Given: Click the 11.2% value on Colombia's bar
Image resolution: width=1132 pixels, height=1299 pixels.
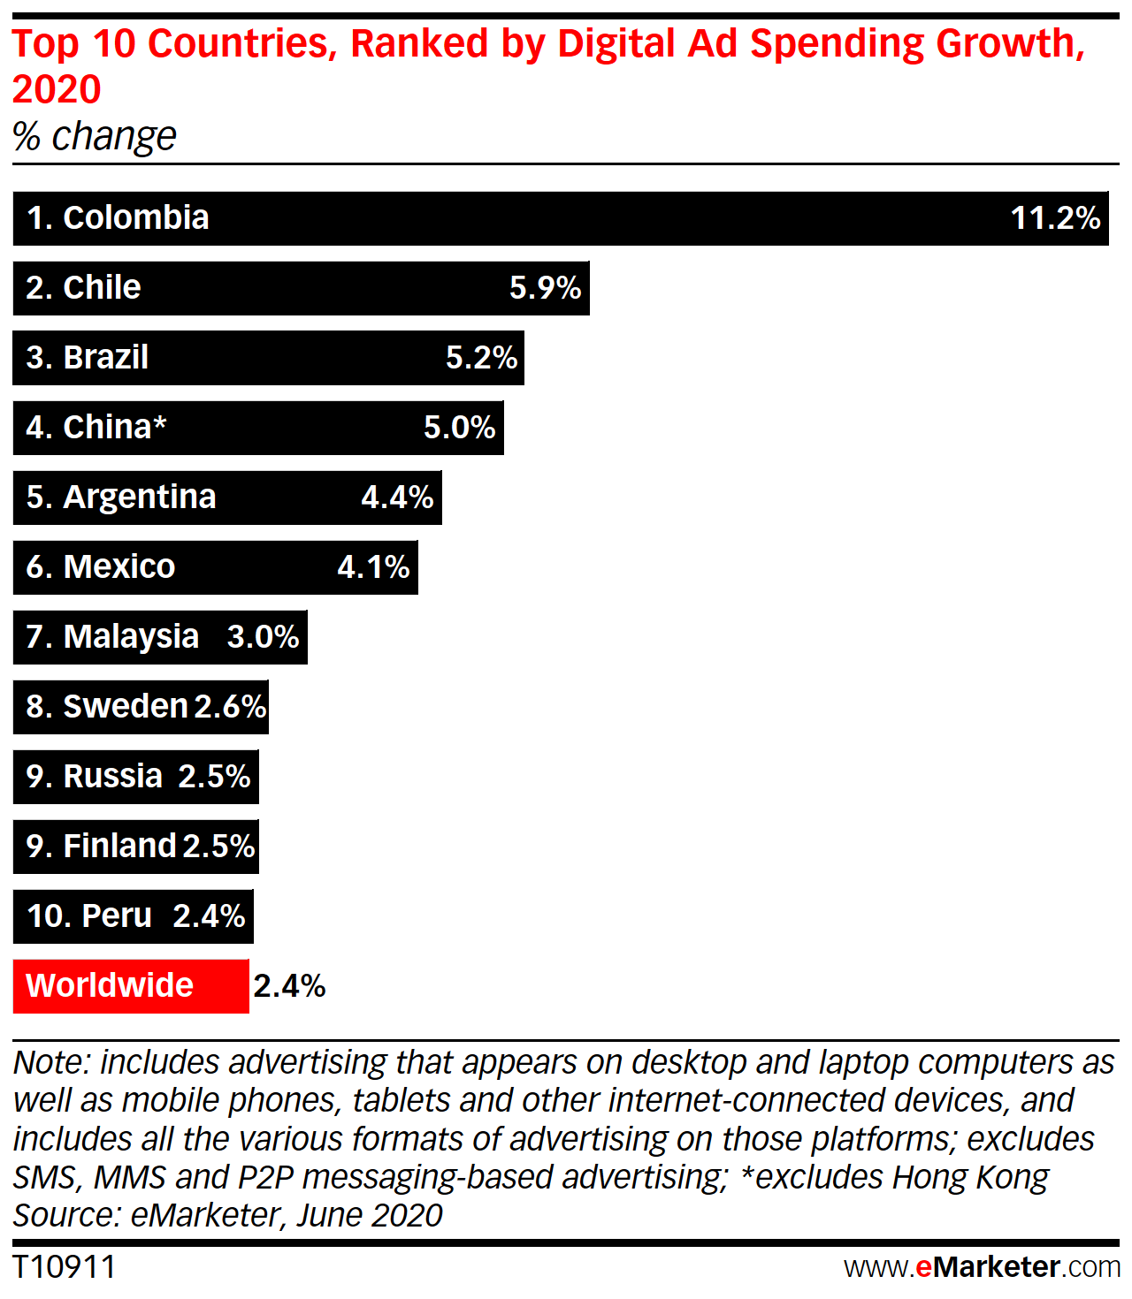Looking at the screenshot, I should pos(1055,218).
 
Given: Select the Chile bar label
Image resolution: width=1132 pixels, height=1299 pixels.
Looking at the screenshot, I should pos(83,288).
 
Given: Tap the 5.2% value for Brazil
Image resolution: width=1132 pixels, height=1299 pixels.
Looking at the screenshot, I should pos(481,358).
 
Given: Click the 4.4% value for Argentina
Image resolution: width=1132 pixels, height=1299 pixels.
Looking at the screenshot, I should pos(397,498).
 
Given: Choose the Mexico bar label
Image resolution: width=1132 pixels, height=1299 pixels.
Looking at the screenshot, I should pos(101,567).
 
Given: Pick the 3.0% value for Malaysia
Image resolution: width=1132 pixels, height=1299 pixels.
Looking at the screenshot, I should pos(263,637).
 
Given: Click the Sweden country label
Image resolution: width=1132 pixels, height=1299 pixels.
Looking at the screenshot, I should pos(107,707).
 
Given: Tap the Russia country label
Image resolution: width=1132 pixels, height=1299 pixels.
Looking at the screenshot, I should pos(95,777).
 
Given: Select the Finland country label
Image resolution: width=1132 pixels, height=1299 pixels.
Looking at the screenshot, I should pos(102,847).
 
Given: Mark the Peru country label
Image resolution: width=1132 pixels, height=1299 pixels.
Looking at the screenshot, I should pos(89,916).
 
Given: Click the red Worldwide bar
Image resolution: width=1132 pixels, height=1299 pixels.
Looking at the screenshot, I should pos(131,986).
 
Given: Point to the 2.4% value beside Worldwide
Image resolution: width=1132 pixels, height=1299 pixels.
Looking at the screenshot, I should pos(289,986).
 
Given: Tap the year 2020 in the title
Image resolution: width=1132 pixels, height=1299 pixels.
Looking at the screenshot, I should pos(57,90).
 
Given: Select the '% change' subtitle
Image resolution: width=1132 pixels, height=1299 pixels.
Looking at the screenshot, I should pos(95,137).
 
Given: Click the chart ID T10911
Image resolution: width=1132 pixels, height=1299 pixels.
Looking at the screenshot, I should pos(64,1267).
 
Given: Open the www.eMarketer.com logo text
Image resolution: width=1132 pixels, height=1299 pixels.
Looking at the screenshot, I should pos(982,1267).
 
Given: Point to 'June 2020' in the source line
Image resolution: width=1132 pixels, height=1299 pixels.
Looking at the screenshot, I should pos(370,1216).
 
